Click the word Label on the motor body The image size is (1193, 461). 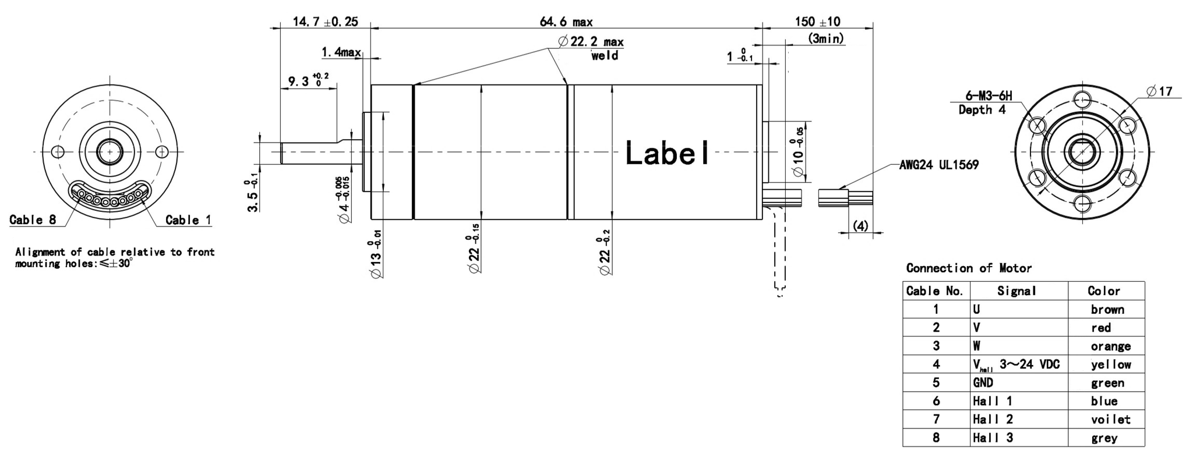click(668, 153)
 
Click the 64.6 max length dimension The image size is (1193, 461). click(566, 22)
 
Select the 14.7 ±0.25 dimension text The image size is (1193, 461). click(324, 22)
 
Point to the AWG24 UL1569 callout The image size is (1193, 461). click(938, 165)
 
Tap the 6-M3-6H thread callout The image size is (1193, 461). click(989, 96)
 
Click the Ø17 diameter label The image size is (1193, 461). click(1159, 91)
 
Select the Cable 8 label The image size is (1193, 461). click(33, 220)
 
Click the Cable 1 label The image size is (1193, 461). click(188, 220)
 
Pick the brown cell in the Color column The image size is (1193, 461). click(1107, 310)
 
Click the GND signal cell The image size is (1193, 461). click(983, 383)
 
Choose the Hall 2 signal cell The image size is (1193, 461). click(993, 420)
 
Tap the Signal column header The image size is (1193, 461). click(1016, 291)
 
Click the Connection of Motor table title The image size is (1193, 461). click(968, 268)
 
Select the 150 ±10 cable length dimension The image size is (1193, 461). click(817, 22)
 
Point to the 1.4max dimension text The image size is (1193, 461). click(341, 53)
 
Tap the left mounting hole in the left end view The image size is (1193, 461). click(57, 152)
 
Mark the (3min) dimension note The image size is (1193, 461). click(826, 39)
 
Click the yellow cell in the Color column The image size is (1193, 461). click(1110, 365)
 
